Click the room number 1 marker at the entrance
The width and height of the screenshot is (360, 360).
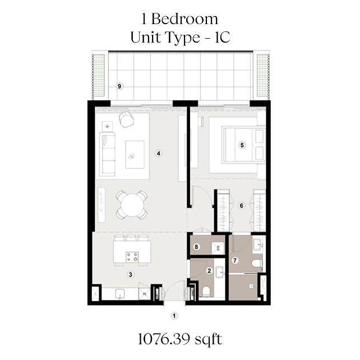(174, 316)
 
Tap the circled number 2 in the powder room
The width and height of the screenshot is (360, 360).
(209, 271)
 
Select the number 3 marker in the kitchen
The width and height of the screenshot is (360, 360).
(130, 274)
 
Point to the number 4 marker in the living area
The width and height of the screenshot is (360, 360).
(159, 153)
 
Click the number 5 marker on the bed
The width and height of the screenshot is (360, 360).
(242, 145)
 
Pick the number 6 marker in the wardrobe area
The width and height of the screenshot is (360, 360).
(242, 205)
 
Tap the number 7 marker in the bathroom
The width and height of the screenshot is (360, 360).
(236, 260)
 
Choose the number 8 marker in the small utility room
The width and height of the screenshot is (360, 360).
(196, 246)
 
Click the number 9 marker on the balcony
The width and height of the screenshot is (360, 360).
(119, 86)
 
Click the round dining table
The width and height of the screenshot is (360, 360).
(131, 204)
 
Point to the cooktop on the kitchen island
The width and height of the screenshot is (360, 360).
(133, 257)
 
